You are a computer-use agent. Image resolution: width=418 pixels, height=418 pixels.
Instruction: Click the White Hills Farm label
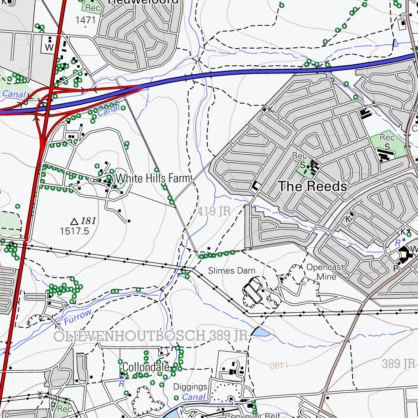click(x=153, y=178)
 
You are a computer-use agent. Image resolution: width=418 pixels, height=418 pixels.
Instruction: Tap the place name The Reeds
click(x=313, y=187)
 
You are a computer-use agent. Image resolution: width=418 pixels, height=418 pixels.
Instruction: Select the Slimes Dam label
click(x=231, y=271)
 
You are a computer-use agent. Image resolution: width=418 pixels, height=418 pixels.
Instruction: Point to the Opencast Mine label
click(x=326, y=272)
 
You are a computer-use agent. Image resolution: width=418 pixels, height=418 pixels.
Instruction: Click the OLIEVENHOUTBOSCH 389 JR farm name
click(x=151, y=336)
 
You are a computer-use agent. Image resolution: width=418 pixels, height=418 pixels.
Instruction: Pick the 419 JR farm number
click(x=214, y=211)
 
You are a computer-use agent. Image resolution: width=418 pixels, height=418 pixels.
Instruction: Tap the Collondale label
click(x=146, y=367)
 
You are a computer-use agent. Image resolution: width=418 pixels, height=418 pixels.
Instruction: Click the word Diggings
click(x=190, y=387)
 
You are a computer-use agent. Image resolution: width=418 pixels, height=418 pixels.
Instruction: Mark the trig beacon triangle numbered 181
click(x=74, y=222)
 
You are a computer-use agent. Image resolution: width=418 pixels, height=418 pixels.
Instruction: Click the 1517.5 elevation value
click(x=74, y=231)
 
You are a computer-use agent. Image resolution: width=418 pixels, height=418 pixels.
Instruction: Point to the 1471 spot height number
click(x=85, y=19)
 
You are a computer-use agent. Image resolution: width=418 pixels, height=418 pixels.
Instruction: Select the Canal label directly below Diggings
click(x=194, y=397)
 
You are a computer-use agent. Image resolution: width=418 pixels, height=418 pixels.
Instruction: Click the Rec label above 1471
click(x=93, y=8)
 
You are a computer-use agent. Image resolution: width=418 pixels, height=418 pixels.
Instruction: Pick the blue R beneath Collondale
click(x=121, y=384)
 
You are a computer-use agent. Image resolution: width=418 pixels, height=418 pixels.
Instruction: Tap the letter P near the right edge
click(x=395, y=269)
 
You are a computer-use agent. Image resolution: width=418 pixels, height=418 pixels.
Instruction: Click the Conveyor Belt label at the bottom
click(x=253, y=415)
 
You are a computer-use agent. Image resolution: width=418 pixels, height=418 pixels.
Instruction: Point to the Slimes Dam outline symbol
click(x=252, y=290)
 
